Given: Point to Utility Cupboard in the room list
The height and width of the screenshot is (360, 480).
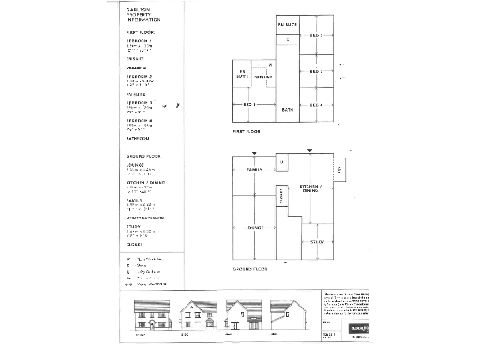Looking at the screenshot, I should point(145,217).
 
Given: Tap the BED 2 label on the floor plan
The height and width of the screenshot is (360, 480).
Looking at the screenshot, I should point(316,36).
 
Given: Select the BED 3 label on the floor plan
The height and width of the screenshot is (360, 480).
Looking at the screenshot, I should point(316,72).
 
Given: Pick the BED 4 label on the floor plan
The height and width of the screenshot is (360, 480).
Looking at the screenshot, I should point(316,105).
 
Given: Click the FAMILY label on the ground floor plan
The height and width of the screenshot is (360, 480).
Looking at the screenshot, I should point(252,170).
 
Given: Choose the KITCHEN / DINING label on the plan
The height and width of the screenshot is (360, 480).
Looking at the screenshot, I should point(309,190).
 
